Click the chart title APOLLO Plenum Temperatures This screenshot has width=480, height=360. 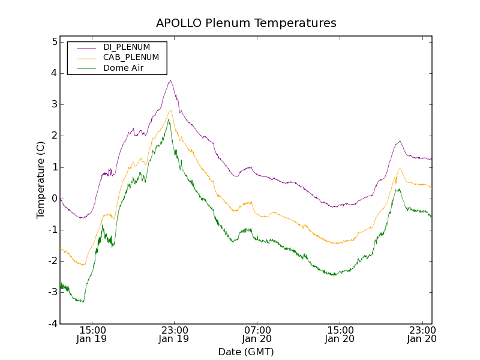click(246, 23)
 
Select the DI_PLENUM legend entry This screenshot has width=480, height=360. click(127, 47)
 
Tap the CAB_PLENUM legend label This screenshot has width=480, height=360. click(131, 58)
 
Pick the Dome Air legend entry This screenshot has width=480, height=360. click(123, 68)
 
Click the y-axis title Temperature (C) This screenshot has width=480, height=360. click(40, 179)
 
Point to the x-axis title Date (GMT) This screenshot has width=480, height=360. click(246, 352)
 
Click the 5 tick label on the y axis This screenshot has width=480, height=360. click(54, 42)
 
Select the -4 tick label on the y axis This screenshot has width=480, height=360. click(53, 323)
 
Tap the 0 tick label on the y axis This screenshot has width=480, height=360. click(54, 199)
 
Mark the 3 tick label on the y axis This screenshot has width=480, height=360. click(54, 104)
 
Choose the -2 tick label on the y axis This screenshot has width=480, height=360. click(53, 261)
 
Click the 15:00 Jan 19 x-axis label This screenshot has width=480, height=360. click(93, 334)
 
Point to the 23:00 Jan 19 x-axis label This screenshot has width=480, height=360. click(174, 334)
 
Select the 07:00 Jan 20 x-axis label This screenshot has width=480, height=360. click(257, 334)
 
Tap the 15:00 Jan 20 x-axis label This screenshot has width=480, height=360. click(340, 334)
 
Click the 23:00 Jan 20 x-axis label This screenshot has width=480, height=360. click(422, 334)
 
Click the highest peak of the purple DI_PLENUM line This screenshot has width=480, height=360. click(170, 80)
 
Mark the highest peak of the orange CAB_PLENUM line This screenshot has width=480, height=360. click(170, 110)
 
